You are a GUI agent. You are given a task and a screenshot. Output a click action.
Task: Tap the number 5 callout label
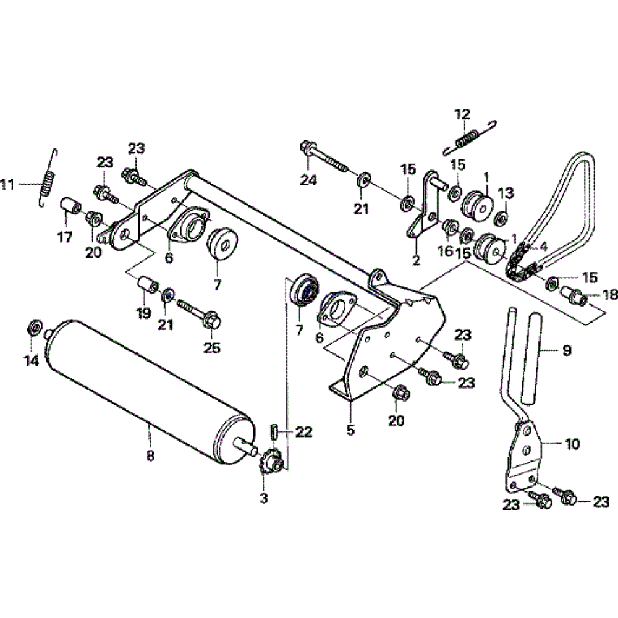tap(351, 431)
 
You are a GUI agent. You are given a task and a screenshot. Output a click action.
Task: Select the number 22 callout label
tap(304, 431)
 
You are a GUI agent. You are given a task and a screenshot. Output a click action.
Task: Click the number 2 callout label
tap(416, 261)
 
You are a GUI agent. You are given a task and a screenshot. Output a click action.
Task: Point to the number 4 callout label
tap(543, 245)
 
